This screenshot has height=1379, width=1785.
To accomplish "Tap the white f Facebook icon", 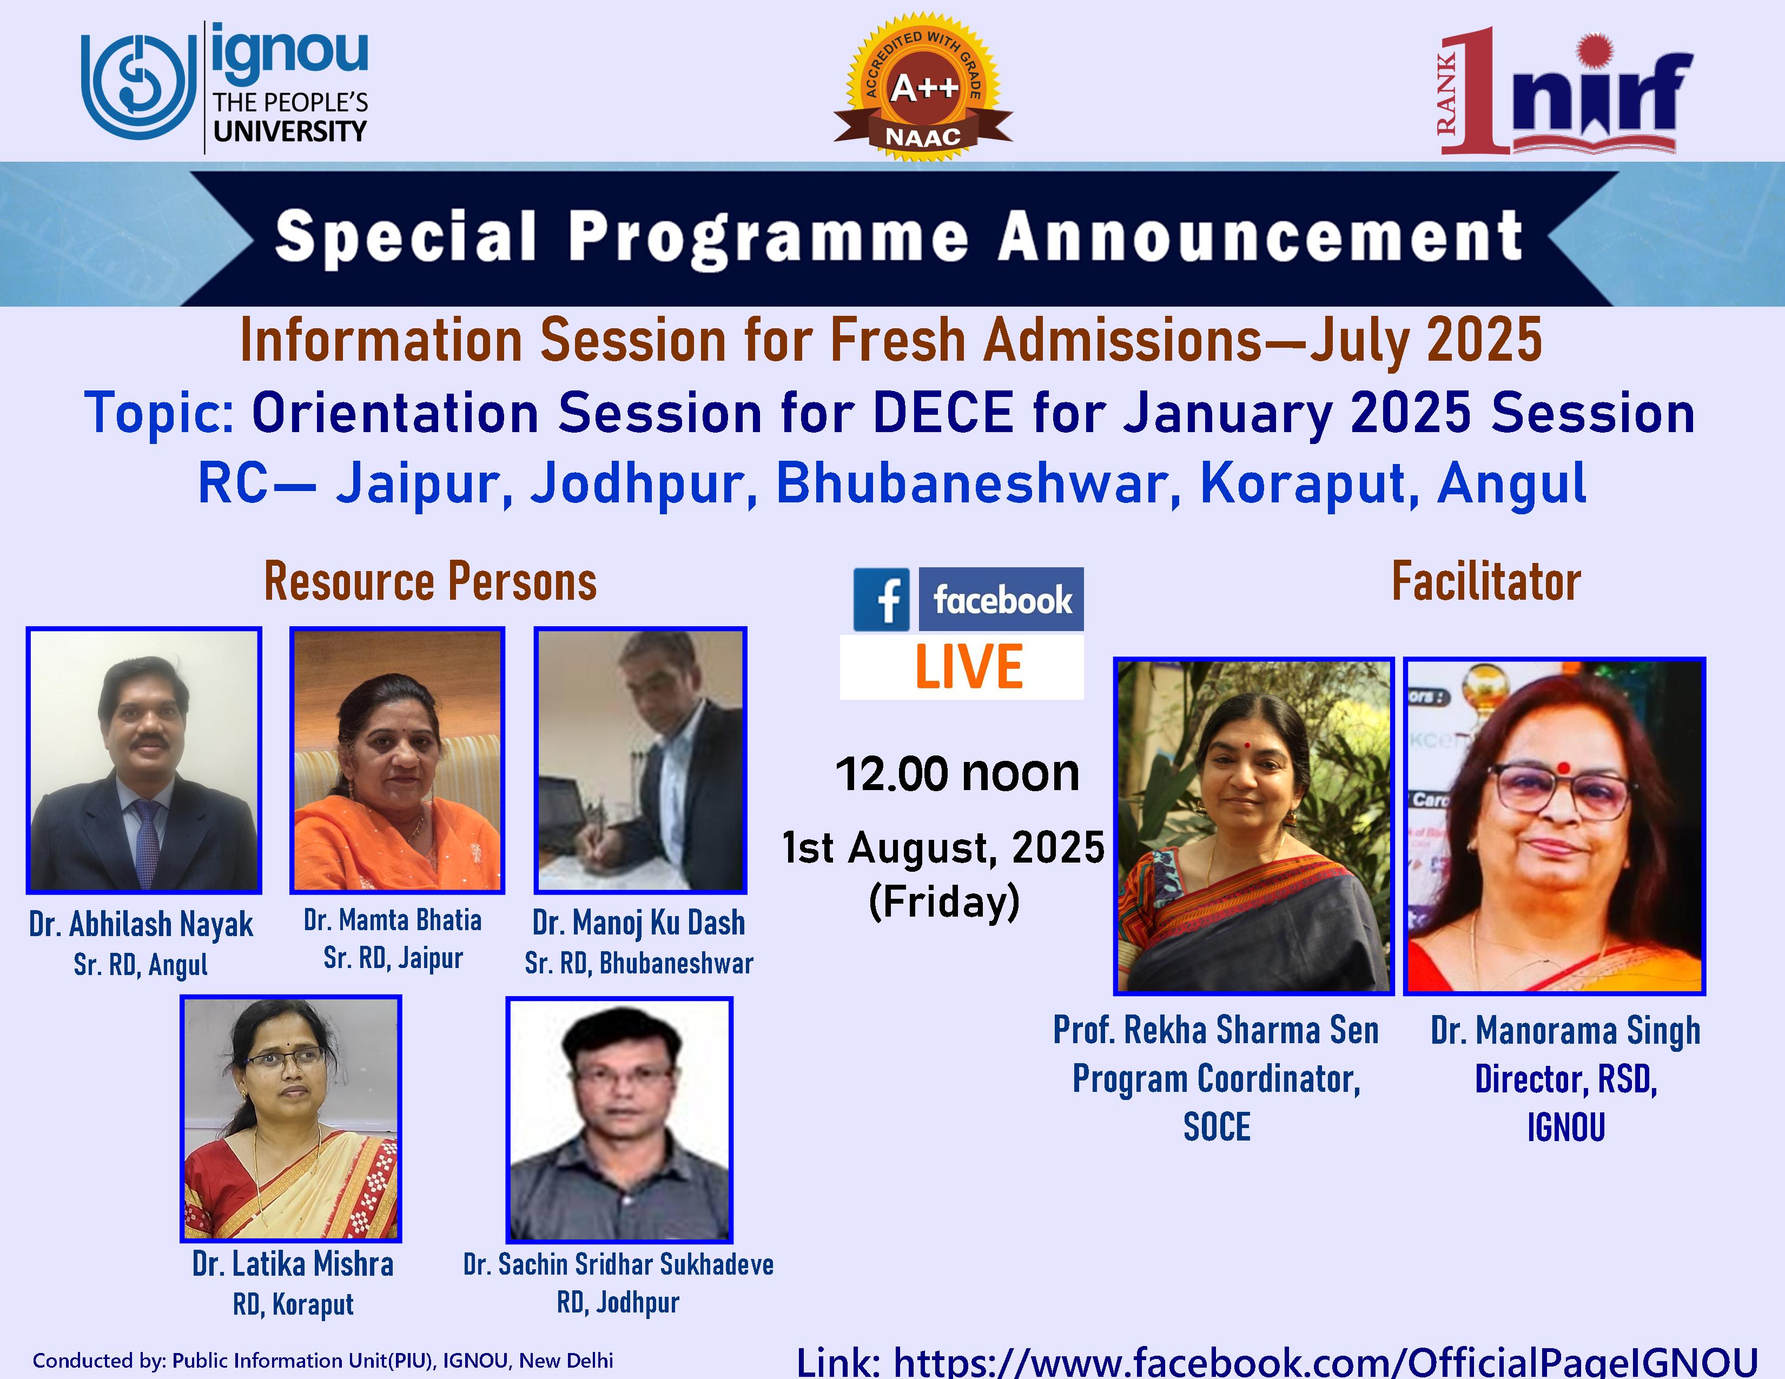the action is (x=881, y=600).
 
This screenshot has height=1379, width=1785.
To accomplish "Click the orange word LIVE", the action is (x=969, y=667).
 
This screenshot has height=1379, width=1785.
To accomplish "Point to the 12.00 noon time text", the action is (x=957, y=774).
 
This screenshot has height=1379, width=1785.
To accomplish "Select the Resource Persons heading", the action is (x=430, y=582).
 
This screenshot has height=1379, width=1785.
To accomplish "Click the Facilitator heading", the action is (x=1486, y=582).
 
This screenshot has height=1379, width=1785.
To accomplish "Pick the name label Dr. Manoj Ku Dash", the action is (x=639, y=923).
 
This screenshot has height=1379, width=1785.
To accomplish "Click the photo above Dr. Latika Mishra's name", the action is (x=291, y=1118).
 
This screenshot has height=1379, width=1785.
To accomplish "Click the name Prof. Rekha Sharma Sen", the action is (x=1216, y=1030).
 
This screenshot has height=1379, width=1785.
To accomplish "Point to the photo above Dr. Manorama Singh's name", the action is (x=1555, y=826).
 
